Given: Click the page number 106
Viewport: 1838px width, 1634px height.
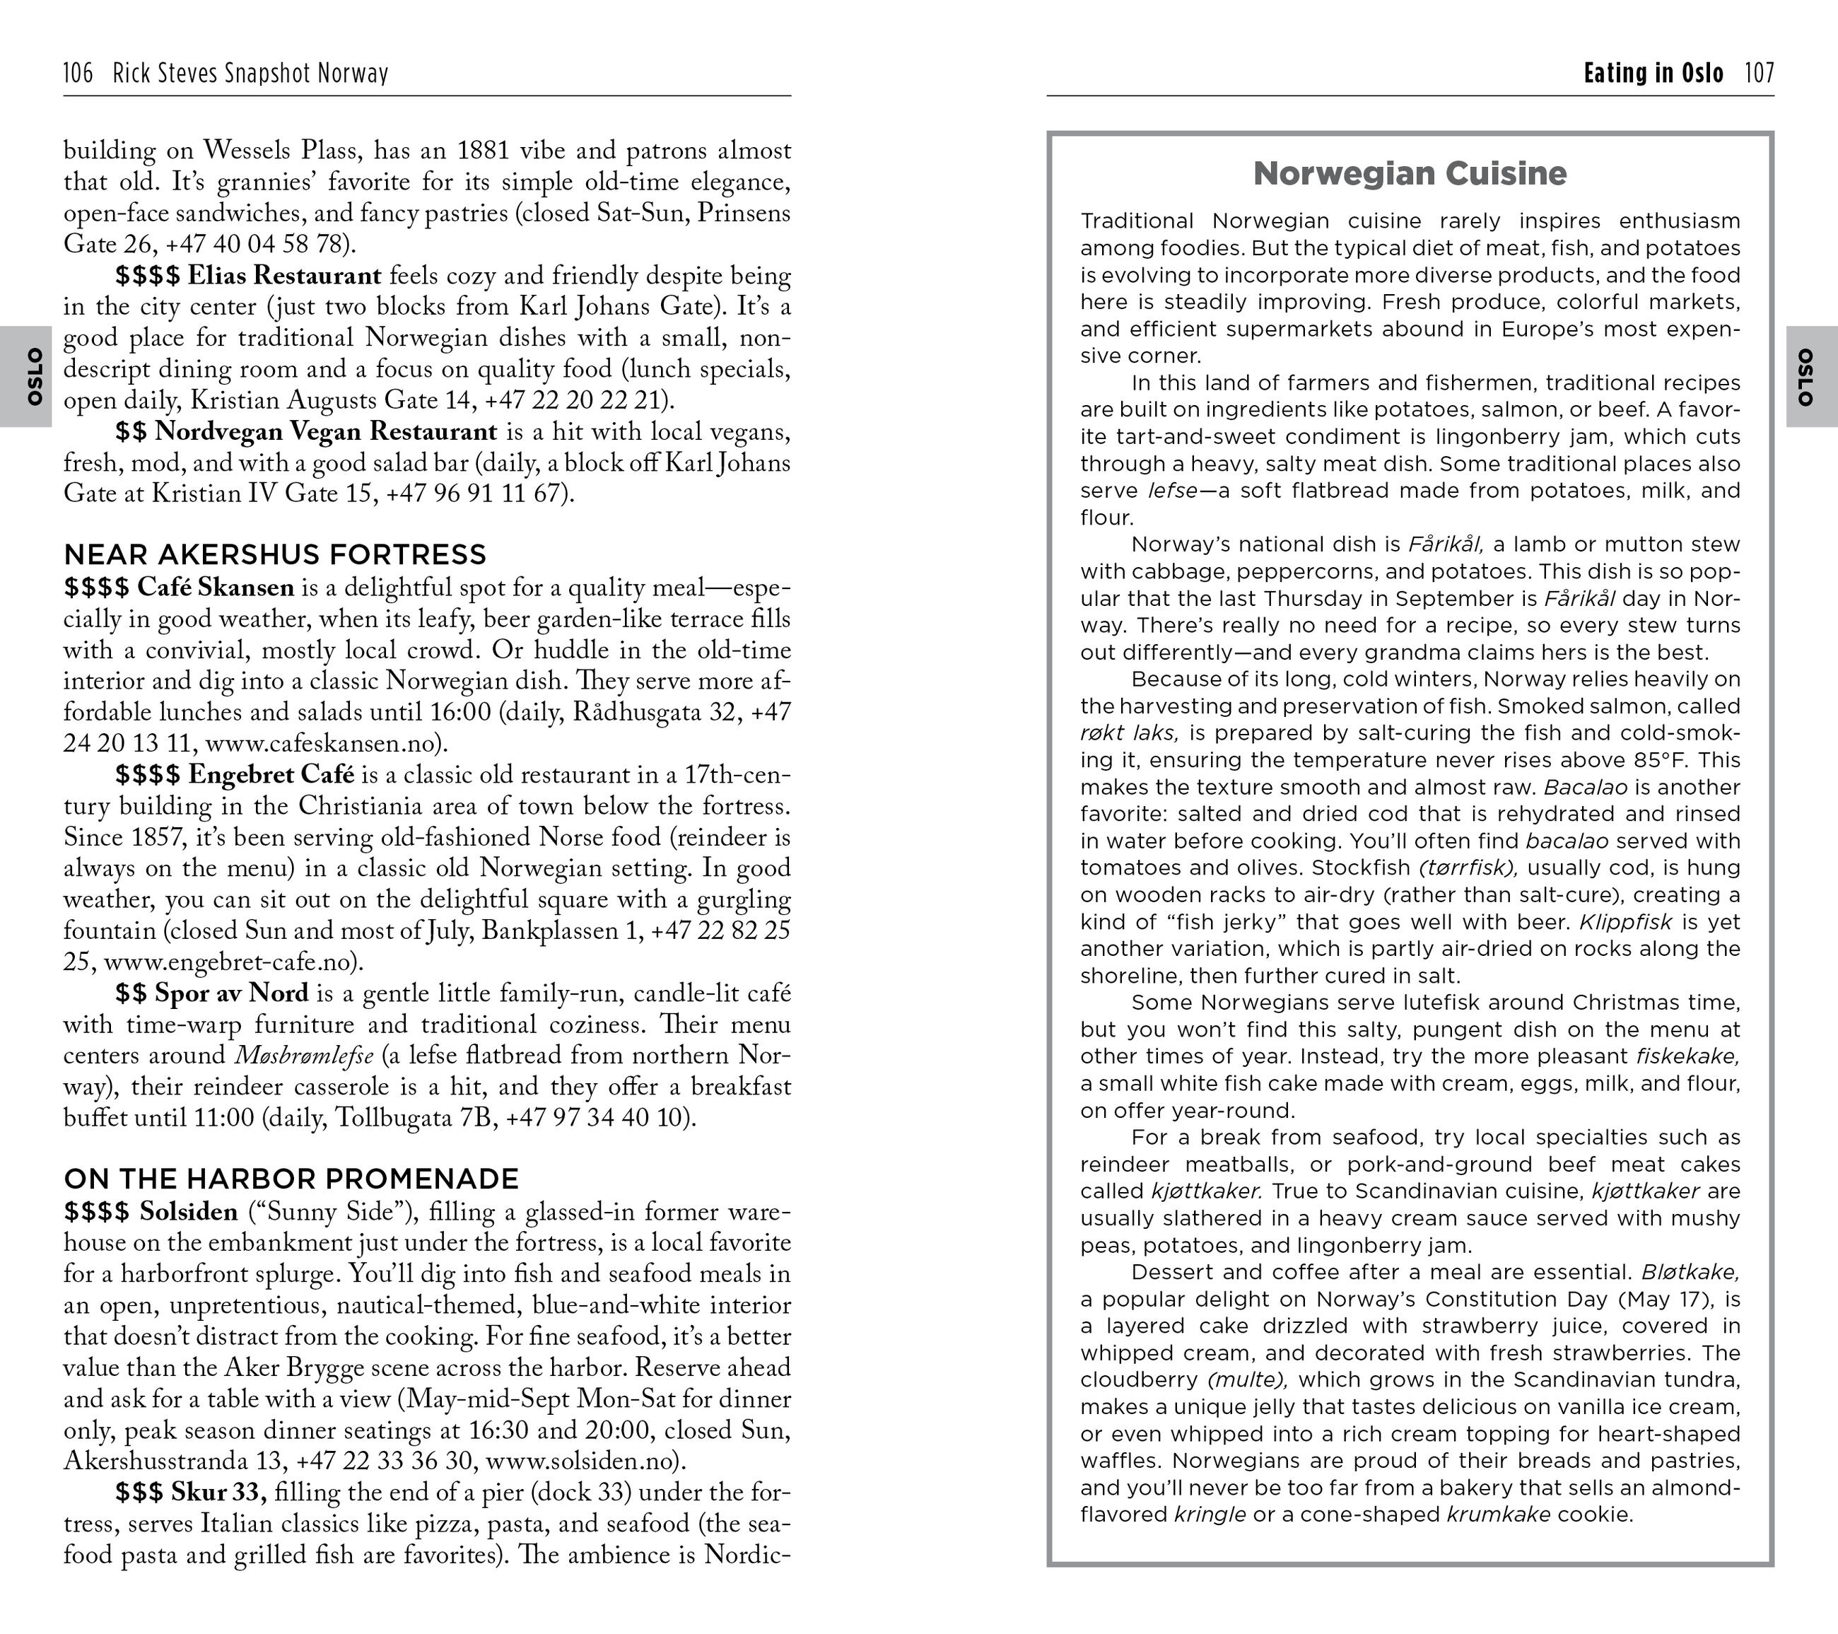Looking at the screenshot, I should tap(78, 73).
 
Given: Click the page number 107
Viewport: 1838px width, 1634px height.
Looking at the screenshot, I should tap(1759, 73).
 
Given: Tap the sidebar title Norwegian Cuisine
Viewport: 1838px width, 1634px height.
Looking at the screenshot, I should tap(1409, 173).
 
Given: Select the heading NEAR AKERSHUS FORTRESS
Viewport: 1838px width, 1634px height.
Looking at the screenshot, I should tap(275, 554).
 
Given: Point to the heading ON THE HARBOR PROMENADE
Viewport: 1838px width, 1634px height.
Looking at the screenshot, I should tap(291, 1178).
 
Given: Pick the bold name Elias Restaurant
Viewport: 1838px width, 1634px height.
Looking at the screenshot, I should tap(284, 275).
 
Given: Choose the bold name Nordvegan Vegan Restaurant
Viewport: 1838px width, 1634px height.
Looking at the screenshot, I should tap(325, 432).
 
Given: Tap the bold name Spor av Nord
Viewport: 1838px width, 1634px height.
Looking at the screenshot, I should tap(231, 993).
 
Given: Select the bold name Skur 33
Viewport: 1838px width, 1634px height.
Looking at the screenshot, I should tap(218, 1492).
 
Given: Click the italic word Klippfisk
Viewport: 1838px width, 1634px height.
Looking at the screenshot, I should tap(1626, 922).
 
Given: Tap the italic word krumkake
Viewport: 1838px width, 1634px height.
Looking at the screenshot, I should tap(1498, 1515).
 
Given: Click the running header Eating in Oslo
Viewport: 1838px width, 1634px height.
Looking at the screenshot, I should tap(1653, 73).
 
